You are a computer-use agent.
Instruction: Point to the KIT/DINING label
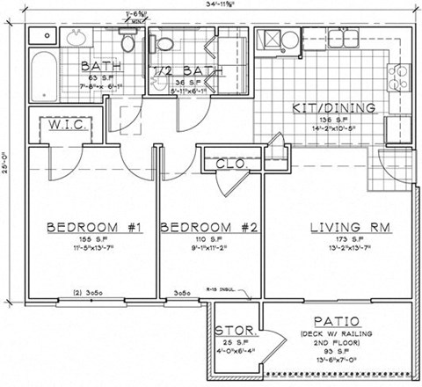334,108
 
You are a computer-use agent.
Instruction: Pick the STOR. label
236,331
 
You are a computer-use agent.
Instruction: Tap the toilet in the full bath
127,40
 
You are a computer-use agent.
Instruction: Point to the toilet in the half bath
164,42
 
